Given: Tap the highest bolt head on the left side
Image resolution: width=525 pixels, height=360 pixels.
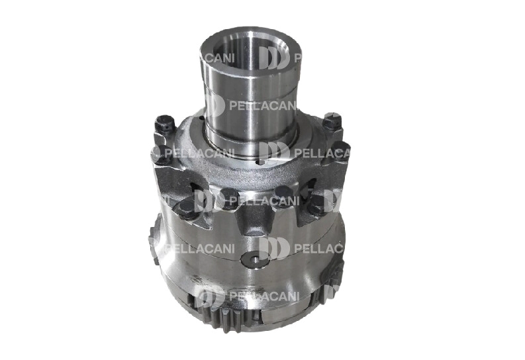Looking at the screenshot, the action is click(164, 123).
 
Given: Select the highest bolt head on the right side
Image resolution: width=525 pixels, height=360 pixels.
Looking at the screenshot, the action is click(332, 120).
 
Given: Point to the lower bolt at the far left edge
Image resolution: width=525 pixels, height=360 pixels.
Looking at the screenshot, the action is click(160, 154).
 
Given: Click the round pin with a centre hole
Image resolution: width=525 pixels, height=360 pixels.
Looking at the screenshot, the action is click(255, 257).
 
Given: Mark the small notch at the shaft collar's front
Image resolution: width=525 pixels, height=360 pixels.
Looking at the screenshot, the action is click(260, 163).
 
